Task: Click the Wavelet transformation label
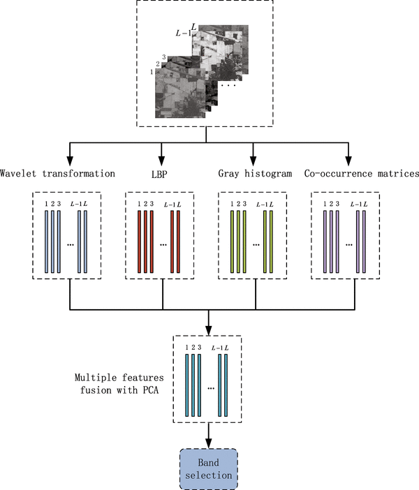click(57, 173)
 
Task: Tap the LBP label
click(161, 173)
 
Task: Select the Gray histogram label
click(253, 173)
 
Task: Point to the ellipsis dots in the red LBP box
click(163, 246)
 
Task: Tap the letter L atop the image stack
click(193, 26)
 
